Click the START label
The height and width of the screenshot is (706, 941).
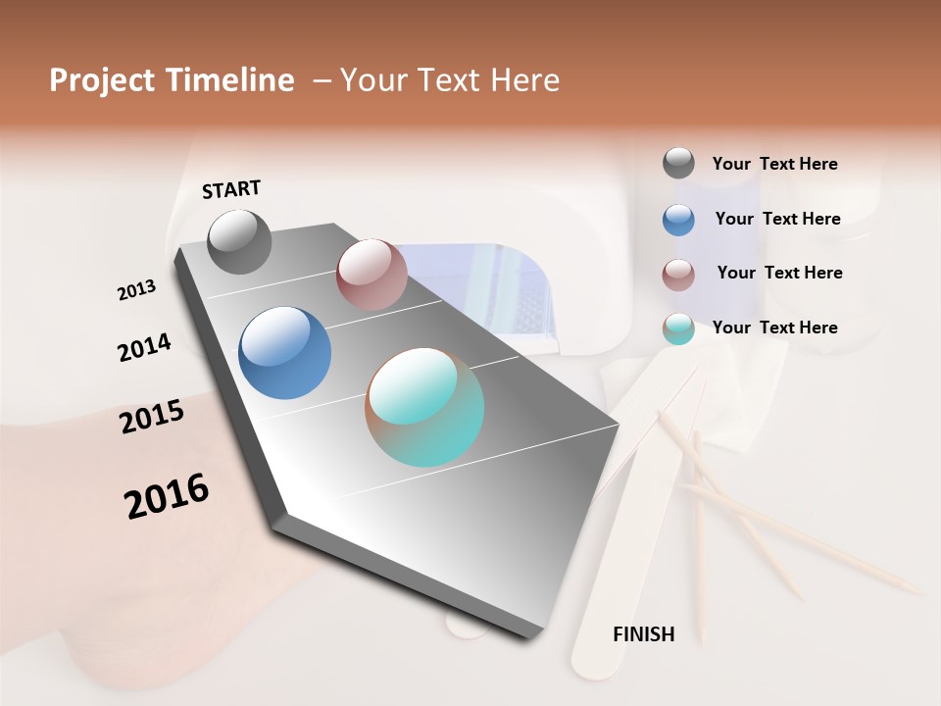231,189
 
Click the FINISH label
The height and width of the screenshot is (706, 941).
643,634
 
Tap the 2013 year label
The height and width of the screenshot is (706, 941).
136,290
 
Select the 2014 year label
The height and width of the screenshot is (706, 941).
144,347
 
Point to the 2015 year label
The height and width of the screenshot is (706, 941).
152,417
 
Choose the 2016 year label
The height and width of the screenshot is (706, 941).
167,496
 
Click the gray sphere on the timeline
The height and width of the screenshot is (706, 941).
240,241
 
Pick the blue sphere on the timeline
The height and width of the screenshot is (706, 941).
284,353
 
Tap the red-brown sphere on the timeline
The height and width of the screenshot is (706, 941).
371,274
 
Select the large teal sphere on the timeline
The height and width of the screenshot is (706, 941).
424,407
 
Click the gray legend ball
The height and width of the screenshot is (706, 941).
678,163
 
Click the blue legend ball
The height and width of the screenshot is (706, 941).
678,219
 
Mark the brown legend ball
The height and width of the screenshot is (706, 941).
678,274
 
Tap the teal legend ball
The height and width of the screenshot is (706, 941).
678,328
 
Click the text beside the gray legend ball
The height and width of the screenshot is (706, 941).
774,164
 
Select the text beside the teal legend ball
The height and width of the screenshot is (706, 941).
774,328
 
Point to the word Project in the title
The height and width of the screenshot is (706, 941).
102,80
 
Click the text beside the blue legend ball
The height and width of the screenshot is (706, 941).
777,219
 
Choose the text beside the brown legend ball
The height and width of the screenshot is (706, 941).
779,273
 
